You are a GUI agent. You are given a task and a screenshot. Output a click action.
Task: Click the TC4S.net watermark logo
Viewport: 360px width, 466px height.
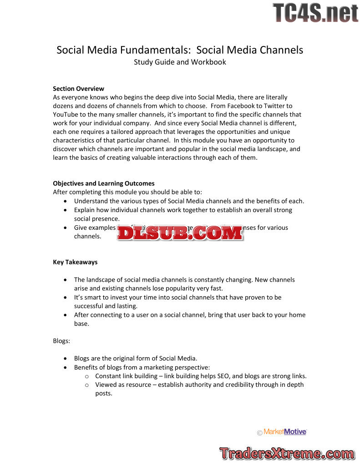[x=315, y=12]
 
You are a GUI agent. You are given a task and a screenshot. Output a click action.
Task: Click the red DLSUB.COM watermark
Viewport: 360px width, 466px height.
[x=180, y=233]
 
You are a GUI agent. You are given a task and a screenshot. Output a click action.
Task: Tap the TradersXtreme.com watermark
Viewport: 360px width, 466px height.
[x=287, y=453]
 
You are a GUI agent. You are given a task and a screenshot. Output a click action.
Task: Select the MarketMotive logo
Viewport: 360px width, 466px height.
[x=285, y=431]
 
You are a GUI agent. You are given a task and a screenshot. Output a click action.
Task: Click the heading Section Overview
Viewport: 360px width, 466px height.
[x=78, y=89]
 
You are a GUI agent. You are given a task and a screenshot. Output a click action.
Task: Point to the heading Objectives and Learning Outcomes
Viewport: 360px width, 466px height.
[x=103, y=183]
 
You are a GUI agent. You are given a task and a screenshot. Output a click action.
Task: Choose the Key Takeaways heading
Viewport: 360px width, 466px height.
[x=75, y=262]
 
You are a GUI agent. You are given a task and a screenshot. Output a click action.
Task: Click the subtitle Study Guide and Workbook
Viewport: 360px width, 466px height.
[x=180, y=62]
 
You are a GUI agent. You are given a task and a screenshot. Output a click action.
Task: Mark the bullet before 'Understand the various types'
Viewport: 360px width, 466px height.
[x=66, y=201]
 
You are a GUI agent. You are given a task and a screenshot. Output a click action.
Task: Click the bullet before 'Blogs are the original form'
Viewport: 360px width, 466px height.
[x=66, y=359]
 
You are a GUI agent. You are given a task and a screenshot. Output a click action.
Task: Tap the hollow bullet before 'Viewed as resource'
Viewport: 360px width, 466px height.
[x=87, y=385]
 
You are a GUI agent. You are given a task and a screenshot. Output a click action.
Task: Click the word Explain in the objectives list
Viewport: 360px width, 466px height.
[x=85, y=210]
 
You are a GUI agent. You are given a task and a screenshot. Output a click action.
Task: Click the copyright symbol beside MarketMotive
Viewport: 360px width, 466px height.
[x=259, y=433]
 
